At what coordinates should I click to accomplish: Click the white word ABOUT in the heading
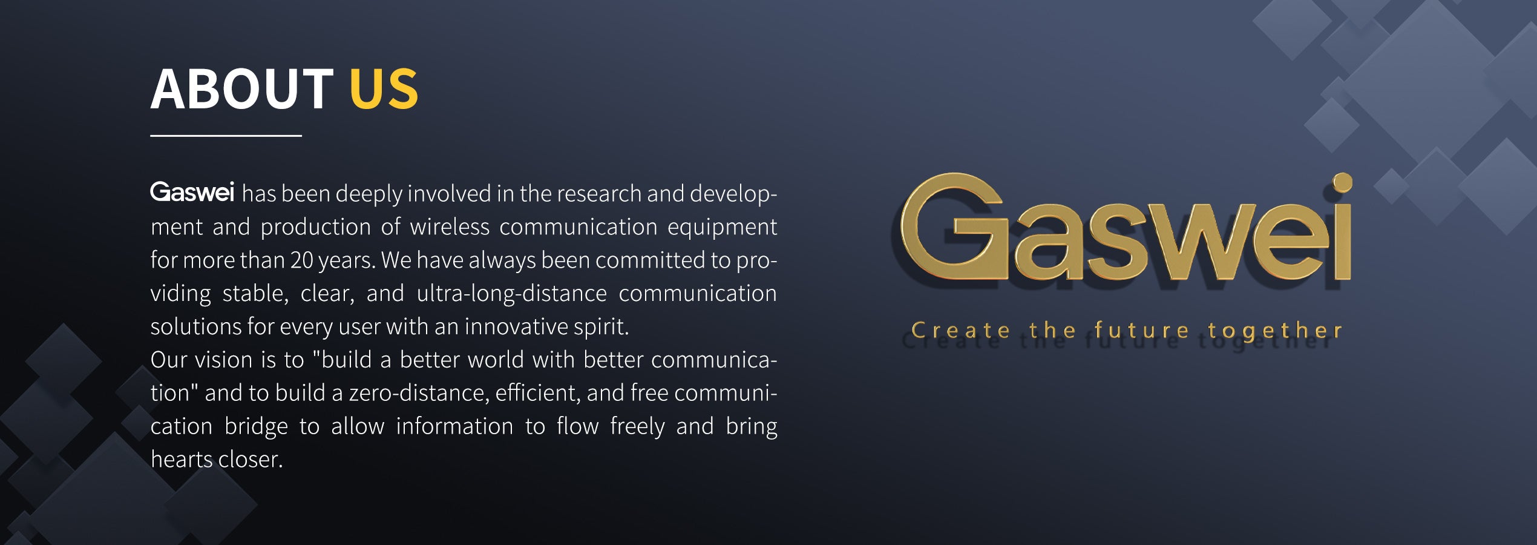tap(241, 88)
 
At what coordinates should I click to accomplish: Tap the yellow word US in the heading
tap(384, 88)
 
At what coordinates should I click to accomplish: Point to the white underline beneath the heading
tap(226, 136)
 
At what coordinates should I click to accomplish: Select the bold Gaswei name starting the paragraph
tap(192, 192)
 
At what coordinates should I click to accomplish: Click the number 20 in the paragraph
tap(301, 260)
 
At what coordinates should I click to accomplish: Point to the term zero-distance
tap(418, 393)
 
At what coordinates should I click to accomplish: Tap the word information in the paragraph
tap(454, 426)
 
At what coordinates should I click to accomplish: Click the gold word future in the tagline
tap(1141, 330)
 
